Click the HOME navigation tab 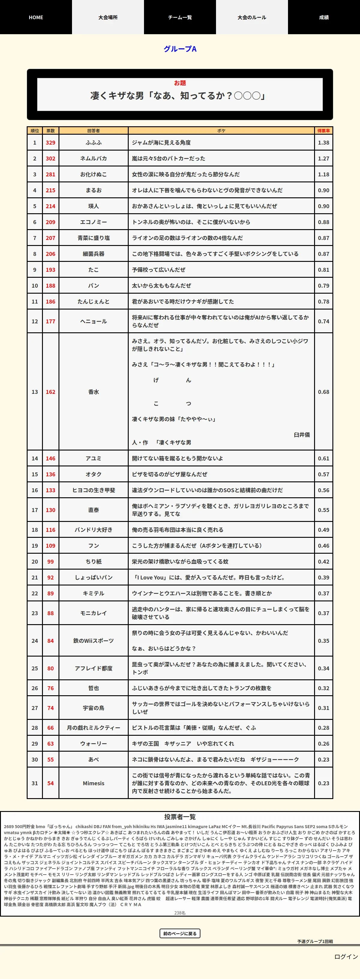coord(36,17)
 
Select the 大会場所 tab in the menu coord(108,17)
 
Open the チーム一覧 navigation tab coord(180,17)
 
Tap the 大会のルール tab coord(252,17)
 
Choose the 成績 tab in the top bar coord(324,17)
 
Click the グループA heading coord(180,49)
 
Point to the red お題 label coord(180,83)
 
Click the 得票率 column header coord(323,131)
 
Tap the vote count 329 coord(51,142)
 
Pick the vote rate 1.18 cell coord(323,175)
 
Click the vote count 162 coord(51,392)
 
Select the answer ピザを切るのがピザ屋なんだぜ coord(169,474)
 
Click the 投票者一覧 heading coord(180,817)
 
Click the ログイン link coord(346,957)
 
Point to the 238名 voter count coord(180,912)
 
